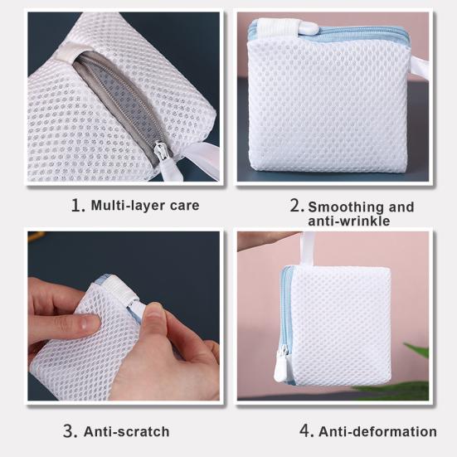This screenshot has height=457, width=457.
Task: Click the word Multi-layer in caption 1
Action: [128, 205]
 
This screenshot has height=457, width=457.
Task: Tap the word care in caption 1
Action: [184, 206]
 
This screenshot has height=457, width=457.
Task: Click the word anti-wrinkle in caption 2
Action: [349, 221]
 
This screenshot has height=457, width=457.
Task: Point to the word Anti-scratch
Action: [127, 431]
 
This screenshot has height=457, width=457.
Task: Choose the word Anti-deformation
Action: [377, 431]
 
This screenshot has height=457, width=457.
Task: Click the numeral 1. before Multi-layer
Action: [79, 205]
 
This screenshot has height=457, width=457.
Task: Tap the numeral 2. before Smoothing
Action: [297, 206]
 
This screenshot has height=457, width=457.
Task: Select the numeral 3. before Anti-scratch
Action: [70, 431]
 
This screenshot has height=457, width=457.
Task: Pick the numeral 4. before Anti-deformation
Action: [307, 431]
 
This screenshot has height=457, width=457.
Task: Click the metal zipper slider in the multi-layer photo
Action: [161, 152]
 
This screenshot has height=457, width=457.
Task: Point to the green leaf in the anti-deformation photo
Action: [417, 350]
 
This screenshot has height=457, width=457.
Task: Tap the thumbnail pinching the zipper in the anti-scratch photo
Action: [152, 313]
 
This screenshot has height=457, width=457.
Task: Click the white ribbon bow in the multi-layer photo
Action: [194, 160]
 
